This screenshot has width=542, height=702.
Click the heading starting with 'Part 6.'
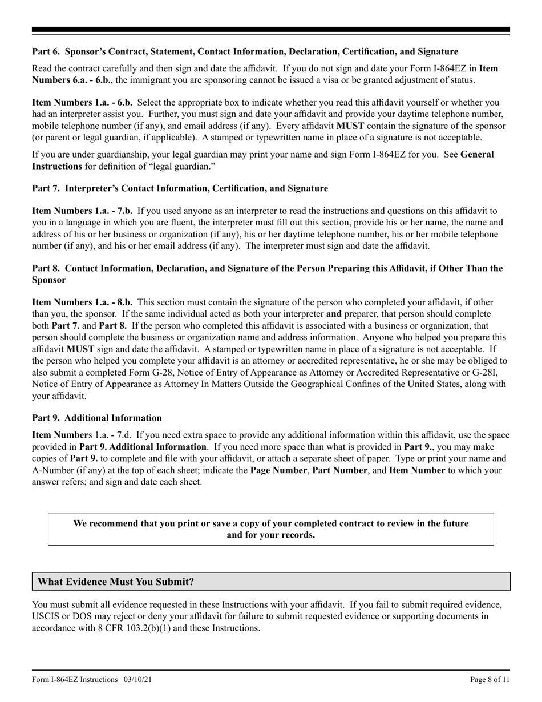click(245, 51)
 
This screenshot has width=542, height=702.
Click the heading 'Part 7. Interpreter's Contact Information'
click(180, 188)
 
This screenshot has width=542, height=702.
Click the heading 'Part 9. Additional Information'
click(97, 418)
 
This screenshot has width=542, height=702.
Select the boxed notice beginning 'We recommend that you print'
click(270, 529)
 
